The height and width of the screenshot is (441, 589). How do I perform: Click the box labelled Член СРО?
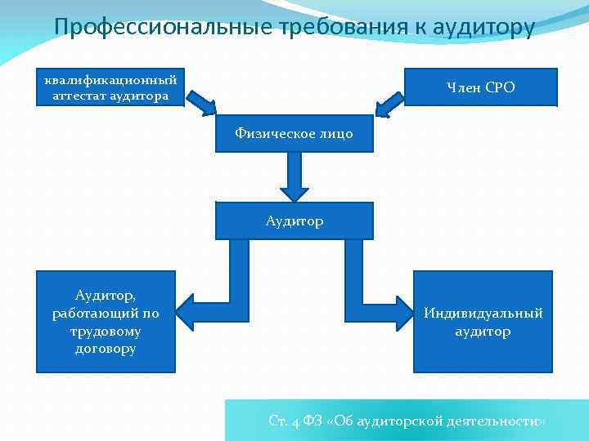tap(480, 87)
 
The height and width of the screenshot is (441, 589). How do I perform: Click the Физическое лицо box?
tap(294, 133)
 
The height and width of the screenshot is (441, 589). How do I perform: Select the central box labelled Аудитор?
tap(294, 220)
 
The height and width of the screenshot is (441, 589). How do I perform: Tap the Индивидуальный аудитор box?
tap(483, 322)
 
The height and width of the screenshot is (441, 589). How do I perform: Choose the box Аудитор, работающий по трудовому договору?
tap(106, 322)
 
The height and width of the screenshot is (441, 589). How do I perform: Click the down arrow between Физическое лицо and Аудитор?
tap(294, 177)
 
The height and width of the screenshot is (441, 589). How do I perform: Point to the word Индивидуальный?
tap(483, 314)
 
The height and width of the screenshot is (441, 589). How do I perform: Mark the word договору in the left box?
tap(106, 349)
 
